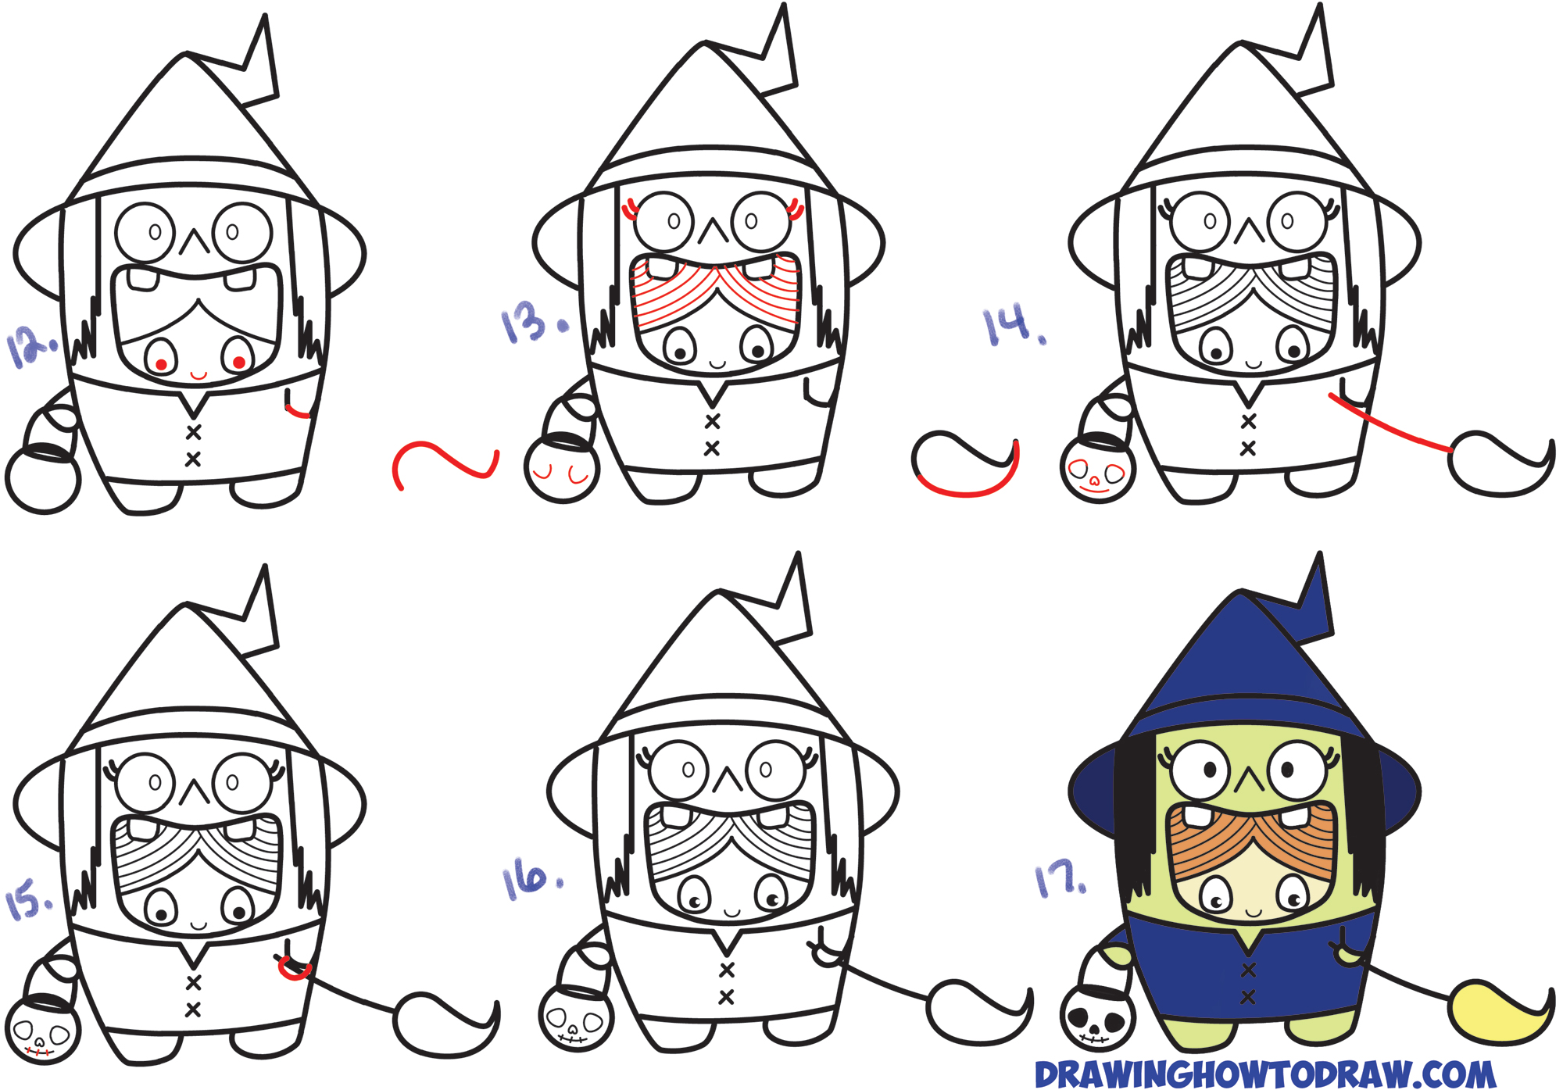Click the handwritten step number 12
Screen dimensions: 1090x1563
[x=31, y=346]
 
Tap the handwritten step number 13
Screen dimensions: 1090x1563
[x=530, y=322]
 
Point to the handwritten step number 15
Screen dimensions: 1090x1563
[x=28, y=899]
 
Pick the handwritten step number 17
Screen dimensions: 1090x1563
[x=1060, y=880]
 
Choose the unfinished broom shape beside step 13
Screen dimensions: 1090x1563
[x=966, y=465]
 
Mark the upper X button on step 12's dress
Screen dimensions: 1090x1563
[x=193, y=432]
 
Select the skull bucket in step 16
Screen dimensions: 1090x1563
[x=575, y=1020]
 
